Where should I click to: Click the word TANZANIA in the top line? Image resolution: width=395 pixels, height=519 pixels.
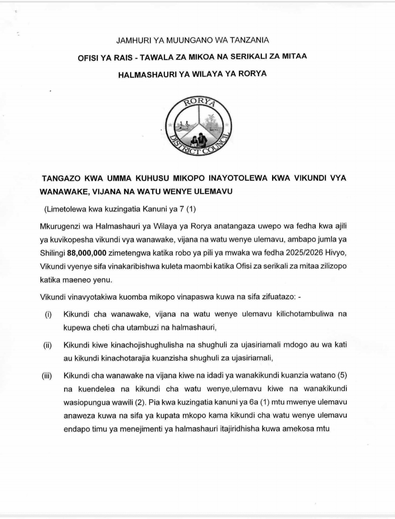point(248,40)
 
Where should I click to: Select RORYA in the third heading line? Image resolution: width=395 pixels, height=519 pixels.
point(253,74)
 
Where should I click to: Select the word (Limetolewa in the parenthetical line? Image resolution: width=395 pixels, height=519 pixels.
point(63,210)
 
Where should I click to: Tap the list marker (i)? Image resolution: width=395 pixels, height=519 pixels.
point(48,314)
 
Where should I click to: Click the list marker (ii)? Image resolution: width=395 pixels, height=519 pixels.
point(48,345)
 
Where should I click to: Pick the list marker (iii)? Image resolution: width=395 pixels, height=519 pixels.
point(47,376)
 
